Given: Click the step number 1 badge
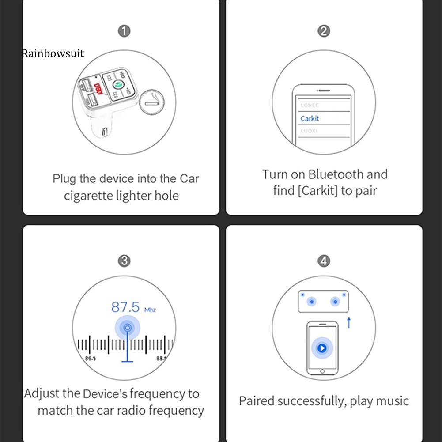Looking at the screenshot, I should (124, 31).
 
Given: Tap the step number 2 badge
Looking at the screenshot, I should (324, 31).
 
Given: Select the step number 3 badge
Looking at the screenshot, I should (124, 261).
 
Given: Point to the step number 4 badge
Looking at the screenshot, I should (324, 261).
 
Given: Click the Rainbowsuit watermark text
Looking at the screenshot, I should (53, 53).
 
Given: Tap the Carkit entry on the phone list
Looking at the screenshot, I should (310, 118).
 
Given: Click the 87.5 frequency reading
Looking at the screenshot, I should (125, 306).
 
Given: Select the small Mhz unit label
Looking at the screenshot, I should (150, 310).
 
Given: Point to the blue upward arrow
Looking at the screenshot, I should (348, 323).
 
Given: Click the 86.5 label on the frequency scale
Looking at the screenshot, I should (90, 359).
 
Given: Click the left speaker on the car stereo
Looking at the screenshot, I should (312, 302).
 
